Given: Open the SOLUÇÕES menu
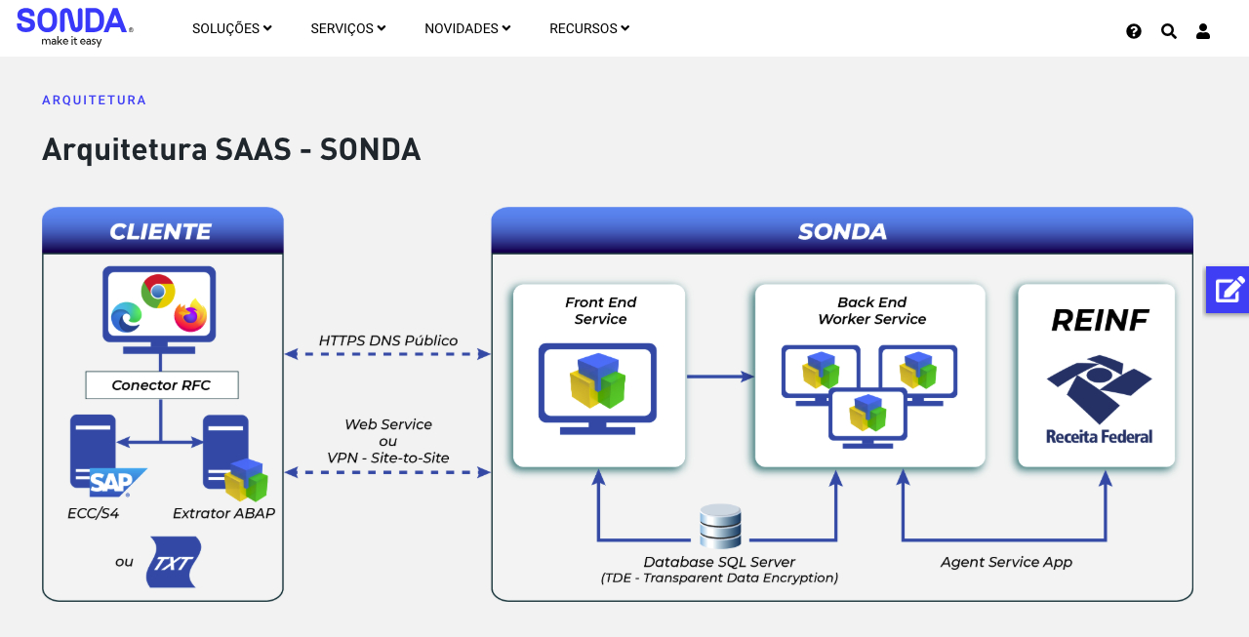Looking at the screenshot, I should tap(231, 28).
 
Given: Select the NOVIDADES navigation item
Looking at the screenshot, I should tap(467, 28).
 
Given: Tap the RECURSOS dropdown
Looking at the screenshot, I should tap(588, 28).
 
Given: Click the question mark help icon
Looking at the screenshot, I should tap(1134, 31).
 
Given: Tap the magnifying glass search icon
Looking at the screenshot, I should tap(1169, 31).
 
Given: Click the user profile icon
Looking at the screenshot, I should tap(1203, 31).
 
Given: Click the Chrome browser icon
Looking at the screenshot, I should tap(158, 291).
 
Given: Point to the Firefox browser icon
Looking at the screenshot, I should tap(190, 315).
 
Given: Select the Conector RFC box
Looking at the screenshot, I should tap(161, 384).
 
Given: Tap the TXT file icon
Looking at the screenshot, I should tap(173, 562).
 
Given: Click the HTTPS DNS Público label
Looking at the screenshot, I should tap(388, 340).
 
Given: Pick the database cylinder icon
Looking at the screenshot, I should tap(720, 526).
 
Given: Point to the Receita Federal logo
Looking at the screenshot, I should tap(1099, 400).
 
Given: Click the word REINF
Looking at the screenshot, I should tap(1100, 320).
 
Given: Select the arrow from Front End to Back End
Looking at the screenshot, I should tap(720, 376).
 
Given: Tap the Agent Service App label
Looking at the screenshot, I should tap(1006, 562).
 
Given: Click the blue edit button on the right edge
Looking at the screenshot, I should tap(1228, 290).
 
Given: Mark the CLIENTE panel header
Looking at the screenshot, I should tap(162, 231).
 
